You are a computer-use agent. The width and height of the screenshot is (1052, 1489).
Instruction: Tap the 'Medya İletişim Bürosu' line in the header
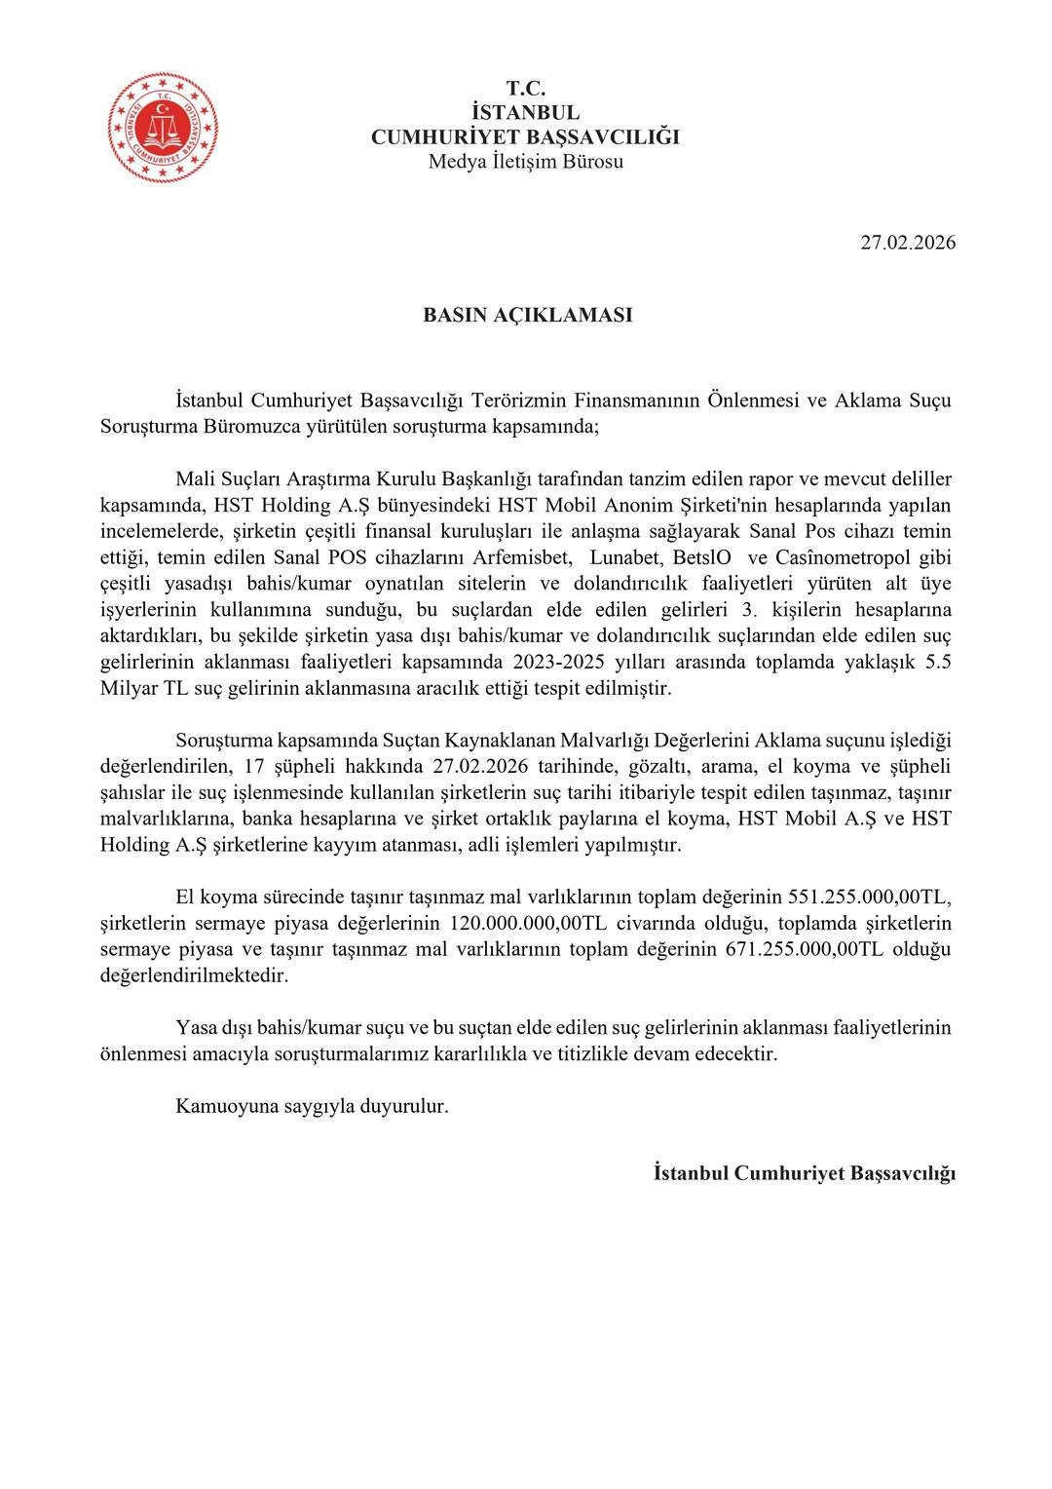click(525, 162)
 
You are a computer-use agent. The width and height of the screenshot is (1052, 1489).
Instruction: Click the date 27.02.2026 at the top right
click(907, 243)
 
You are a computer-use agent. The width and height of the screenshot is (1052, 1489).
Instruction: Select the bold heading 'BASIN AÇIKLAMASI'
click(527, 316)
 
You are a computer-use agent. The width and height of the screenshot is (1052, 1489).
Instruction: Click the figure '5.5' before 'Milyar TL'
click(939, 664)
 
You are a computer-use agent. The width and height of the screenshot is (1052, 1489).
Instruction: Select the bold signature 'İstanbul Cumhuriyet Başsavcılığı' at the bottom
click(805, 1172)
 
